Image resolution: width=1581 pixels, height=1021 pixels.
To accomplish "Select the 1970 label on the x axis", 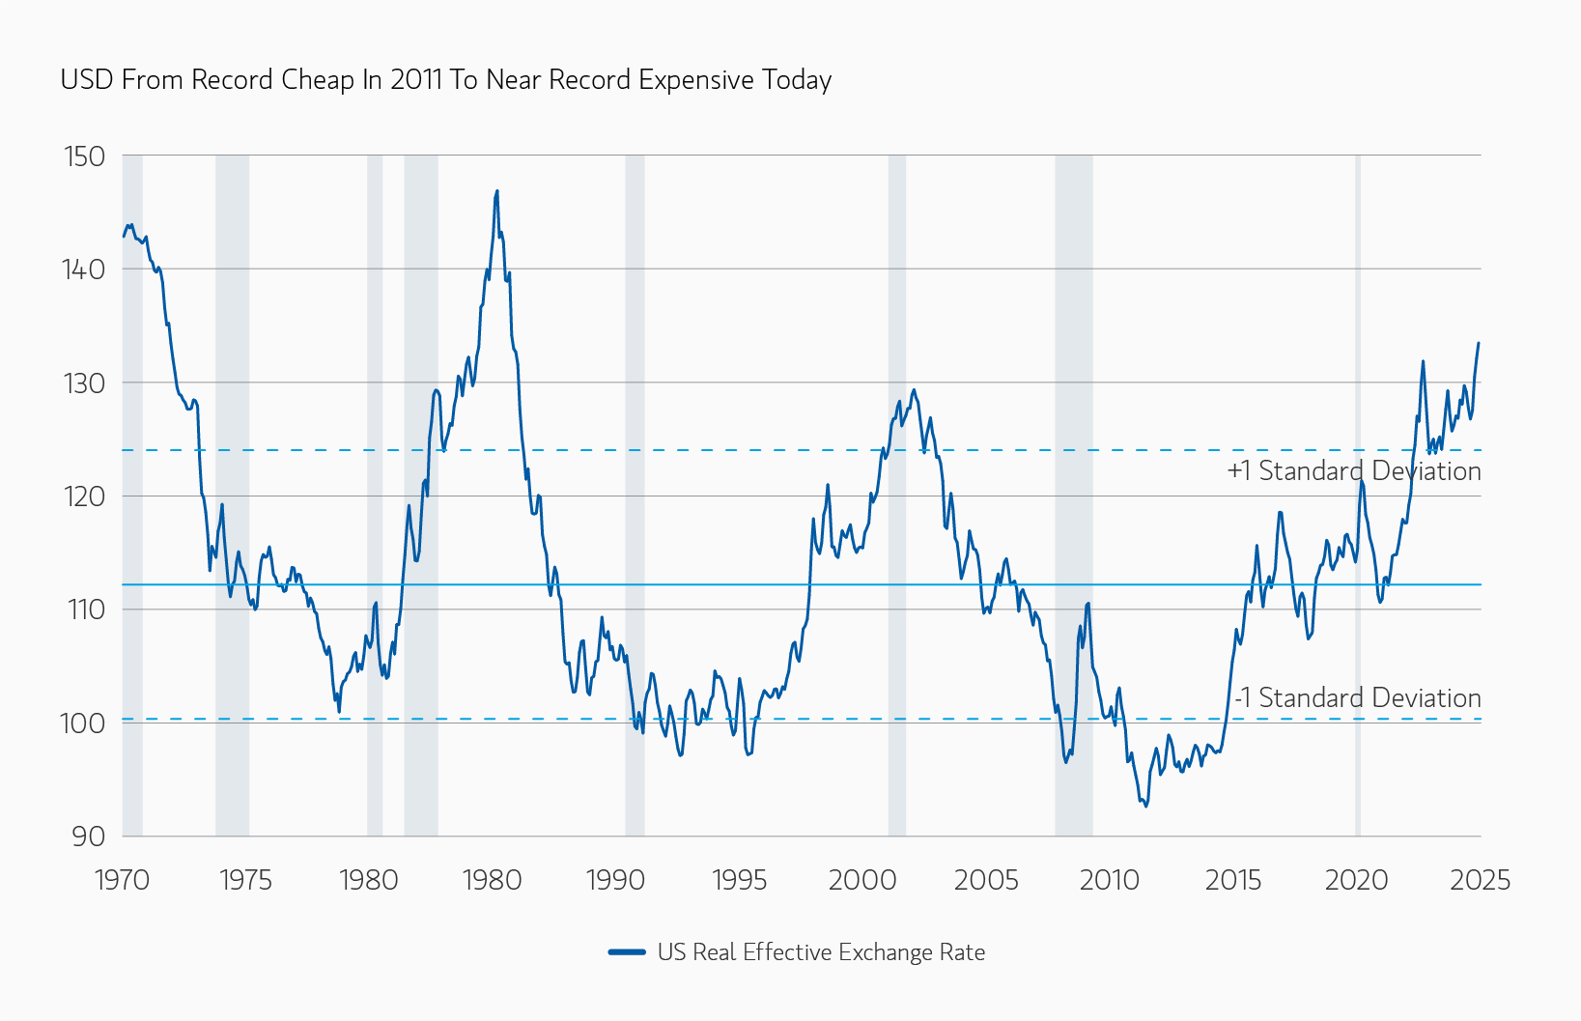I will tap(122, 880).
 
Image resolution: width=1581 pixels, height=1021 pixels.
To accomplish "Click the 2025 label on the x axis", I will tap(1480, 880).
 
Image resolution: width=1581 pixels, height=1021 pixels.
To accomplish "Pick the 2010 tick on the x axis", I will tap(1110, 880).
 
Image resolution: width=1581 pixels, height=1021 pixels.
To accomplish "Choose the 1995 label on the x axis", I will tap(739, 880).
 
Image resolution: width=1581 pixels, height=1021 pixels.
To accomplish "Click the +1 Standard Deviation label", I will tap(1353, 471).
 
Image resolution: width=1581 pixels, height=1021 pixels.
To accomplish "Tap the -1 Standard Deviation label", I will tap(1357, 698).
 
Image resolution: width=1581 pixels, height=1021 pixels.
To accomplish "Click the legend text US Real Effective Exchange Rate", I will tap(821, 952).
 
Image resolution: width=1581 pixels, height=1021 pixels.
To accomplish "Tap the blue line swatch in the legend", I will tap(627, 952).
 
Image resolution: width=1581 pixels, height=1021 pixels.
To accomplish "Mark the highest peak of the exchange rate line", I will tap(497, 191).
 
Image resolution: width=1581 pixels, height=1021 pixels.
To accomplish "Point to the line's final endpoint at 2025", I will tap(1479, 343).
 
